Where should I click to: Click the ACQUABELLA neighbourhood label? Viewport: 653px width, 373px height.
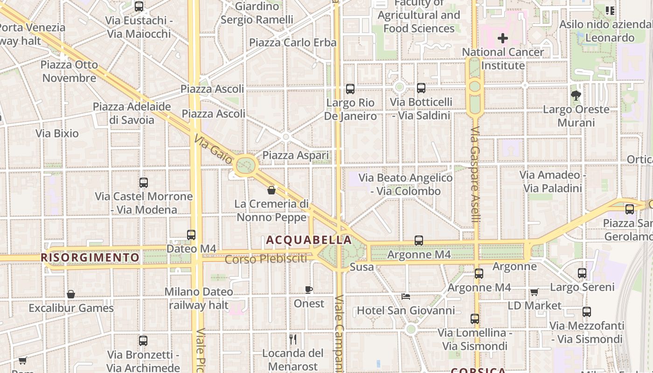(x=309, y=240)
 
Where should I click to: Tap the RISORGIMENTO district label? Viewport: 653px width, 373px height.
(x=90, y=257)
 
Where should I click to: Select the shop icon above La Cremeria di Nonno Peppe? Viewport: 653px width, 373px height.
(x=271, y=190)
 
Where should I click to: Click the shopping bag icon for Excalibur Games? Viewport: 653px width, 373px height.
(x=71, y=294)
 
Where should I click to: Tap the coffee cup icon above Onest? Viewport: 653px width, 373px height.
(x=309, y=290)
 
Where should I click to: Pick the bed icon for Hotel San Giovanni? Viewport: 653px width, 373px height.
(x=406, y=297)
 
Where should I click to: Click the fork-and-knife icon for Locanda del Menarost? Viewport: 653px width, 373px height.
(x=293, y=339)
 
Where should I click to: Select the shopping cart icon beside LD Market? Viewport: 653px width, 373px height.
(x=535, y=292)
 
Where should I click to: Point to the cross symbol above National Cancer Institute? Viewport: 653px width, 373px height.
(x=503, y=38)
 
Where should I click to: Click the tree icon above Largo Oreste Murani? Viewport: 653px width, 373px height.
(x=576, y=96)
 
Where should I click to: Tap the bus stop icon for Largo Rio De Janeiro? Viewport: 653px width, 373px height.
(x=350, y=89)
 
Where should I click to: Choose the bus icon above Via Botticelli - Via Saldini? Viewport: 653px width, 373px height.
(x=421, y=88)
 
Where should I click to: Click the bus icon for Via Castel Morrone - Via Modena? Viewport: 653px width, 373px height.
(x=144, y=183)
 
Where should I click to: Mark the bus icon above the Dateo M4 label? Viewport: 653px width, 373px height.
(x=191, y=235)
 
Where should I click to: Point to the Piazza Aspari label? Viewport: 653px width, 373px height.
(x=296, y=155)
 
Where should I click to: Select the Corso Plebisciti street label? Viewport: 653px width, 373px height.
(x=266, y=259)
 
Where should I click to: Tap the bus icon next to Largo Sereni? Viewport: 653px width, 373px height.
(x=582, y=273)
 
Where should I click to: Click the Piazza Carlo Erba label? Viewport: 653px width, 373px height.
(x=292, y=42)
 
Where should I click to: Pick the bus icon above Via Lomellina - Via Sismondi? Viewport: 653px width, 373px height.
(x=475, y=319)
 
